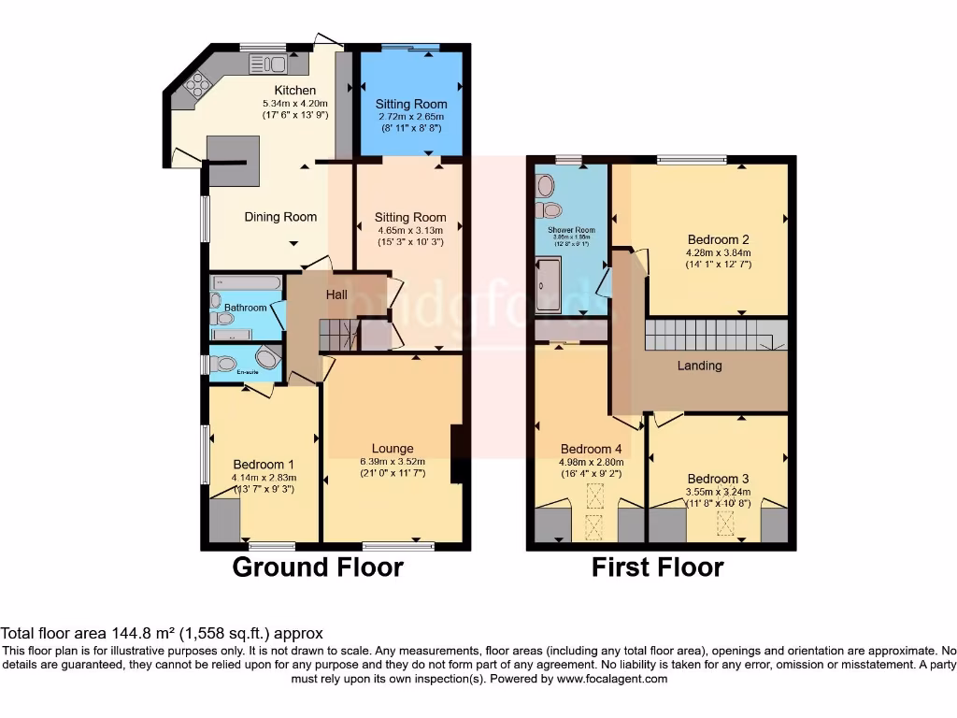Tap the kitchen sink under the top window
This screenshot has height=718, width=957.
[x=270, y=64]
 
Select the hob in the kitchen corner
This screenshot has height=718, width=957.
[x=198, y=85]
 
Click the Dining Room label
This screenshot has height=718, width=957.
[x=280, y=217]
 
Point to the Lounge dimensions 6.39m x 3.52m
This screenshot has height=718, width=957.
[x=393, y=461]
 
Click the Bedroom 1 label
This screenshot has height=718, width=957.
[x=264, y=465]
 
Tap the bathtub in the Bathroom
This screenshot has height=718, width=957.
[x=245, y=282]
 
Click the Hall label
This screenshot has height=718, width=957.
[x=336, y=295]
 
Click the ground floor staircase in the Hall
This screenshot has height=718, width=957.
[x=338, y=332]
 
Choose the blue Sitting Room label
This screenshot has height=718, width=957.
[x=411, y=104]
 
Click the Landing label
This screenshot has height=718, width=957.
[x=699, y=366]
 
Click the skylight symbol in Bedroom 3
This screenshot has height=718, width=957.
[x=725, y=524]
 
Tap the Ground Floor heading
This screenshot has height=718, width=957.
[x=318, y=567]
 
